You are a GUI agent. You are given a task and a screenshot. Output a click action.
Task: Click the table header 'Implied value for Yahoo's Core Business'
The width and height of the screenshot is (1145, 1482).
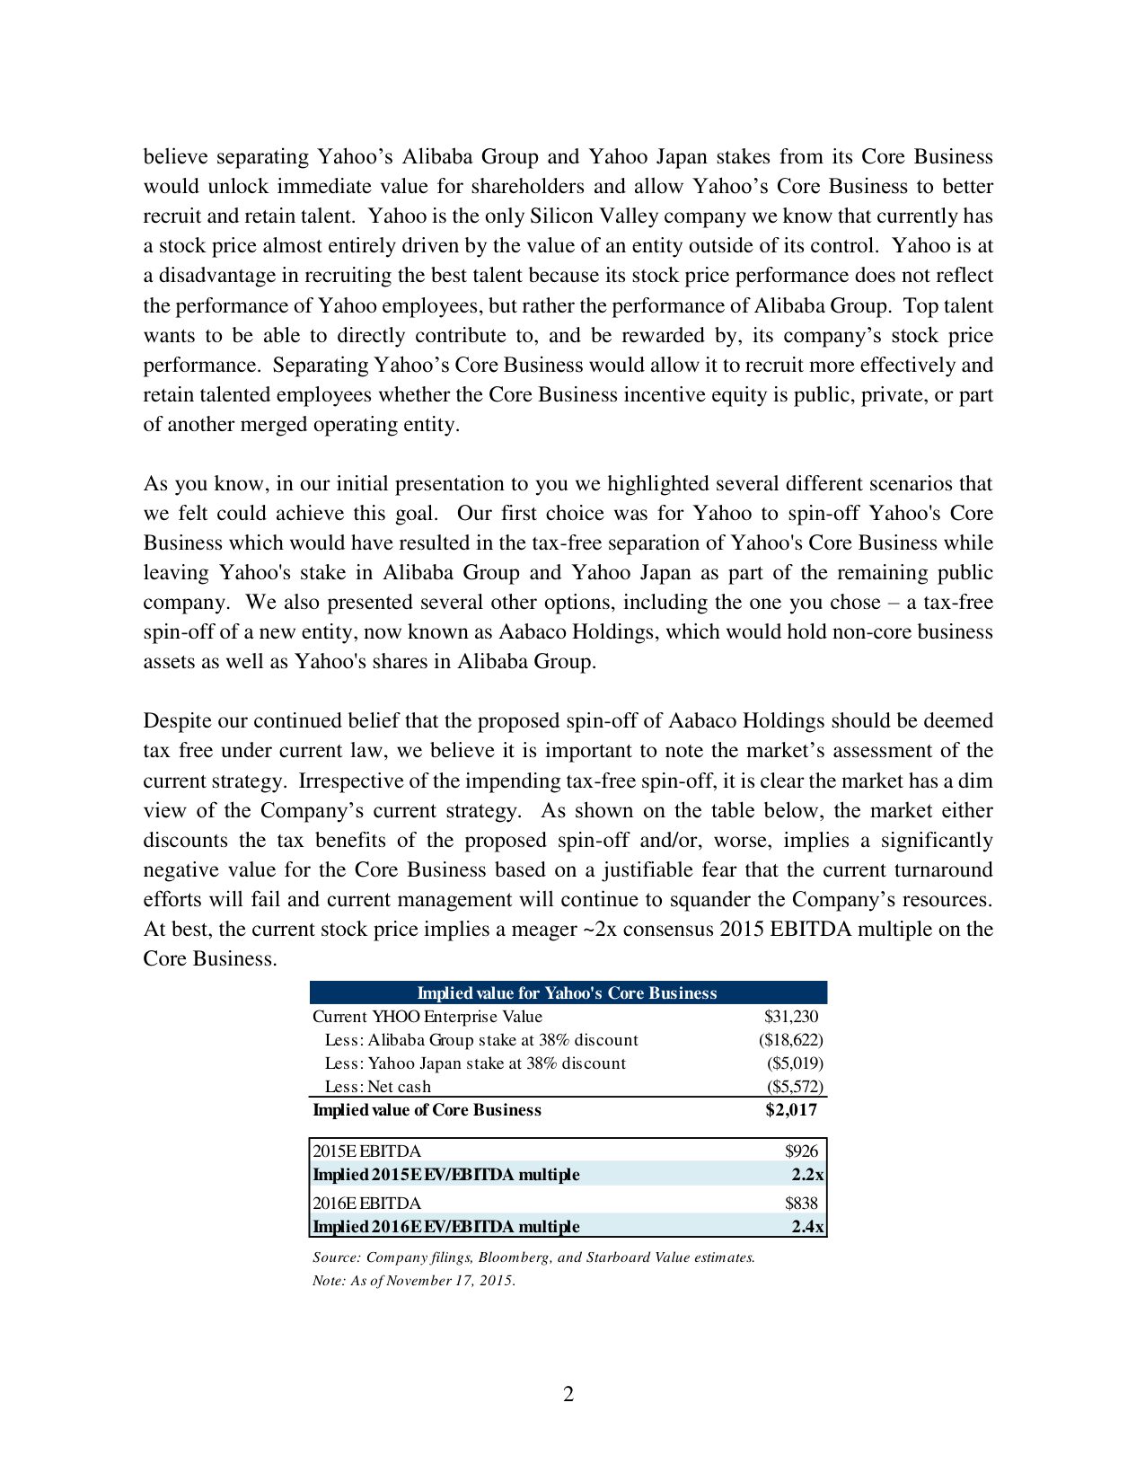567,992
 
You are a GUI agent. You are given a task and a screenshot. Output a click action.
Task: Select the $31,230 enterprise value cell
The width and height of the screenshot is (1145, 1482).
791,1017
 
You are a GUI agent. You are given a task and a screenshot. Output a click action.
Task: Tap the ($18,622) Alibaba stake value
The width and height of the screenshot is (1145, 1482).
790,1040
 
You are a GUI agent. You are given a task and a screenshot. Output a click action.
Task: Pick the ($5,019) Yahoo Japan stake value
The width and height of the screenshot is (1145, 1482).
794,1063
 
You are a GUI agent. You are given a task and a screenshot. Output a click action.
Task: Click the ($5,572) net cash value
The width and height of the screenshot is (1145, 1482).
794,1087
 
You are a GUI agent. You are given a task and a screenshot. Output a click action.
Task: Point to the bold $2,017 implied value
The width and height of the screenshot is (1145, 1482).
791,1110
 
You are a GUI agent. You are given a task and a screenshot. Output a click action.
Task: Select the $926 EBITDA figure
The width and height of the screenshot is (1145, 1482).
801,1151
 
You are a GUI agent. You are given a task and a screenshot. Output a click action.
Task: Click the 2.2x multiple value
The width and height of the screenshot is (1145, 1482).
807,1175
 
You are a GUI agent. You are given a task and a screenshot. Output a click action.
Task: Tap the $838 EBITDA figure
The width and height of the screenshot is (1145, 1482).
801,1204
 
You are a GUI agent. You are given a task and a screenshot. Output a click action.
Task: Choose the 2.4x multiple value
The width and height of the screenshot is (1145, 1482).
807,1227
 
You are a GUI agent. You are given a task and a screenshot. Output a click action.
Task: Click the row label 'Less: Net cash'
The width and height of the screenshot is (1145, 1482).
377,1087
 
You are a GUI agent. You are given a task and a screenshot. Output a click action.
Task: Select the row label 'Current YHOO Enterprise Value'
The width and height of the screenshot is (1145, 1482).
427,1017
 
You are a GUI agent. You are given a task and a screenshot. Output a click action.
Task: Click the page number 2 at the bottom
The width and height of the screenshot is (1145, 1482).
568,1395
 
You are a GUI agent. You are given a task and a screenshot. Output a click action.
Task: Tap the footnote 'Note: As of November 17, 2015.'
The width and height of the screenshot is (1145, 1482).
414,1281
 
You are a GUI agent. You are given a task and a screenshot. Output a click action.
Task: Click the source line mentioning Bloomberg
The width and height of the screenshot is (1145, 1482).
533,1257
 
